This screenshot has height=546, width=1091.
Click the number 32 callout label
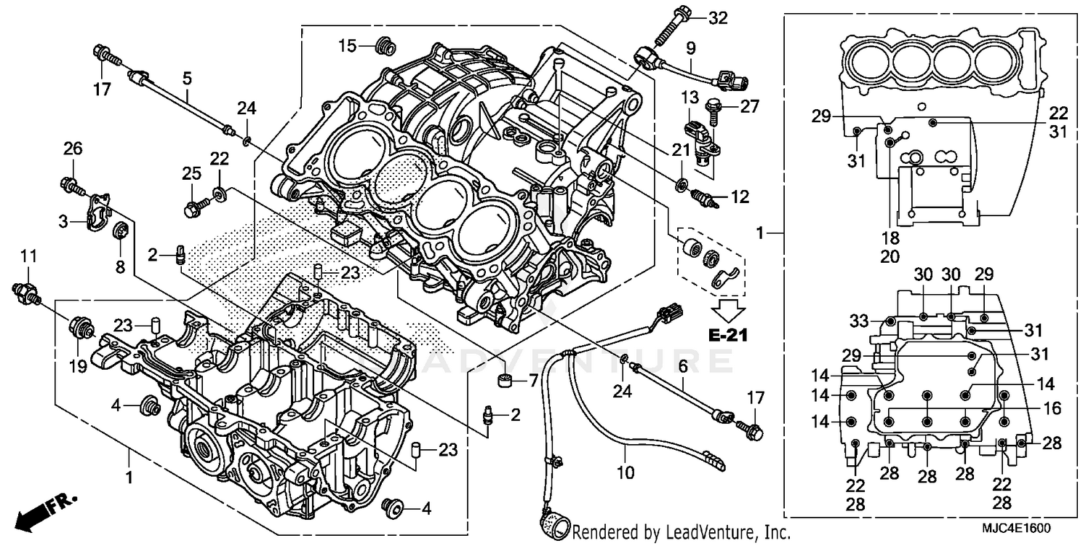click(x=717, y=19)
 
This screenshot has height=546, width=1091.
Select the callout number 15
click(x=346, y=46)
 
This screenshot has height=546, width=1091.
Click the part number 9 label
click(x=690, y=49)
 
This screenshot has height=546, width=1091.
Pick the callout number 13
click(x=689, y=97)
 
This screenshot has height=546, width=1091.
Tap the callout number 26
click(x=73, y=149)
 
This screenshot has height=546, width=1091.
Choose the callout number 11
click(x=28, y=256)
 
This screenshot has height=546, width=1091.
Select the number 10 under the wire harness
click(x=626, y=472)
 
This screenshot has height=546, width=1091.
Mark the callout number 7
click(x=532, y=381)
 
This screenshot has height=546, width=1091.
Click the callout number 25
click(x=191, y=174)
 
